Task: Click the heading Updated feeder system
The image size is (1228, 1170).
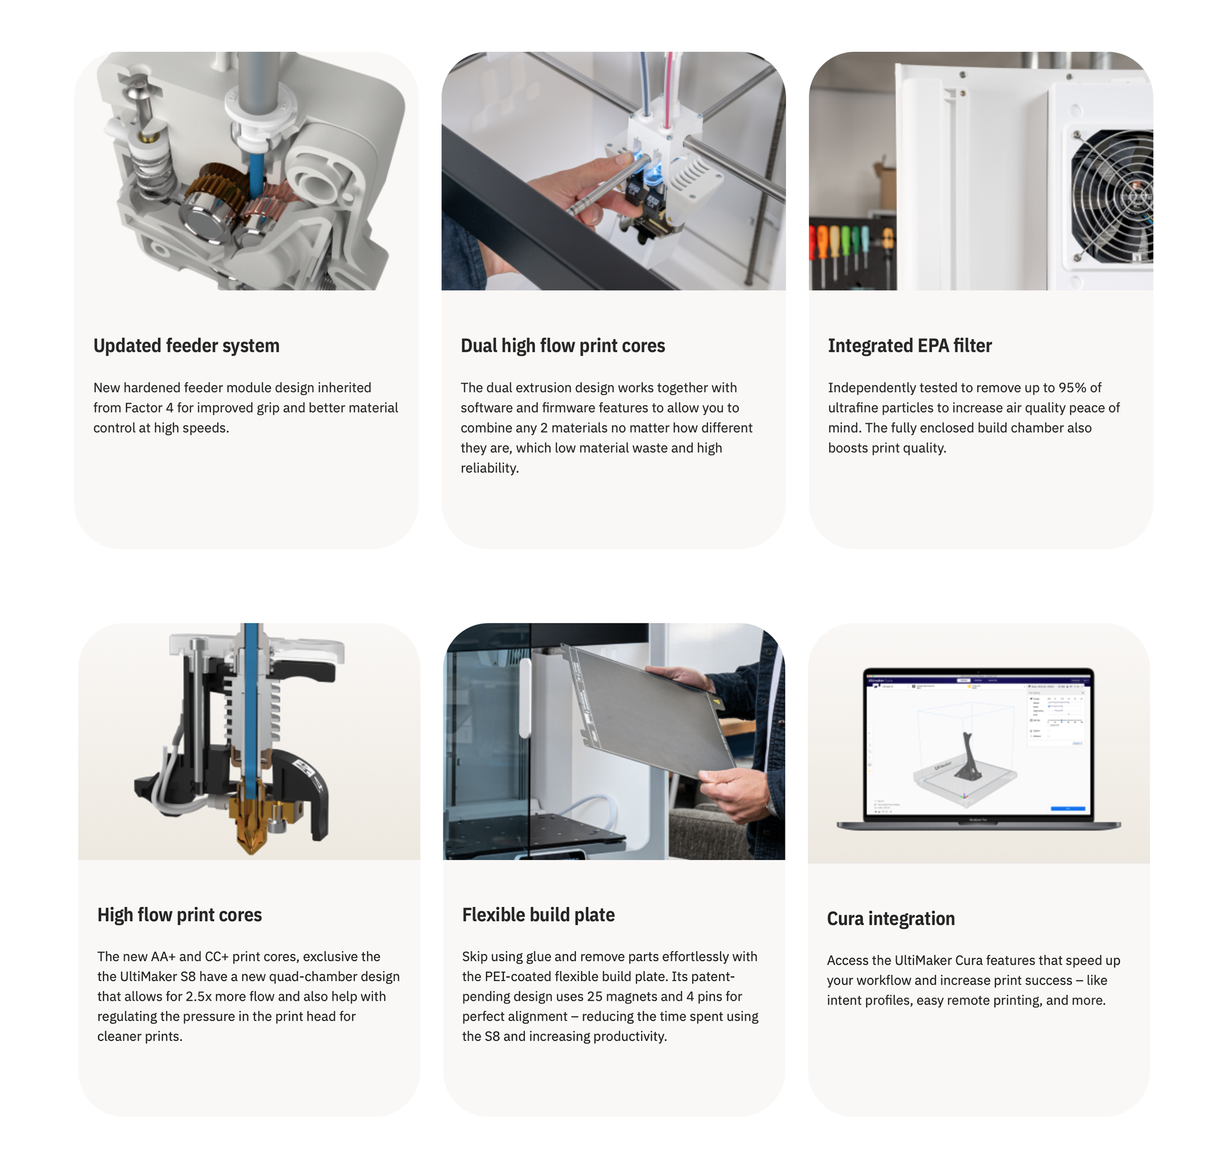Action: click(x=186, y=345)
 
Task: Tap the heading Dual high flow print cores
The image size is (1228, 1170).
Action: click(x=563, y=345)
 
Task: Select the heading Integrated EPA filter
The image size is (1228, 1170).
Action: click(x=910, y=345)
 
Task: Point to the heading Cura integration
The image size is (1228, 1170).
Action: click(x=891, y=919)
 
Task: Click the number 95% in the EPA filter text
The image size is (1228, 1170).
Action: click(x=1072, y=388)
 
